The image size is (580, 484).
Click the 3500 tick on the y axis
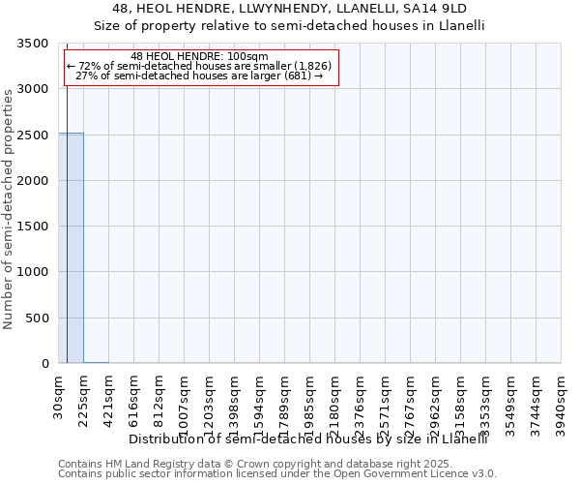click(x=33, y=45)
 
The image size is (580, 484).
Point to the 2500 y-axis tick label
click(x=33, y=136)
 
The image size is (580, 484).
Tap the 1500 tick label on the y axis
click(x=33, y=227)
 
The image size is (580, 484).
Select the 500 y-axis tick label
click(x=37, y=318)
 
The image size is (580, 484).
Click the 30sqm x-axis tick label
click(x=59, y=395)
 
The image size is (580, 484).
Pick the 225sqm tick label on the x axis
click(x=84, y=398)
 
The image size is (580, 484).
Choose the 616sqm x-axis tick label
click(x=134, y=398)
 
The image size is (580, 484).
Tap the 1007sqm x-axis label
click(x=185, y=401)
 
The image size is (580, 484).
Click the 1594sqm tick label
click(x=260, y=401)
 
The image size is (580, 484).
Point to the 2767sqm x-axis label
click(x=411, y=401)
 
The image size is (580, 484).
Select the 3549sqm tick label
click(x=511, y=401)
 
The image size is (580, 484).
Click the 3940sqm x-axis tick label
click(x=562, y=401)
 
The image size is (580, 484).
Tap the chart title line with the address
click(x=289, y=8)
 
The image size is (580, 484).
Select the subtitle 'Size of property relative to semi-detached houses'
click(x=289, y=26)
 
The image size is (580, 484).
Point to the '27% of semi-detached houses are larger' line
click(x=199, y=76)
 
